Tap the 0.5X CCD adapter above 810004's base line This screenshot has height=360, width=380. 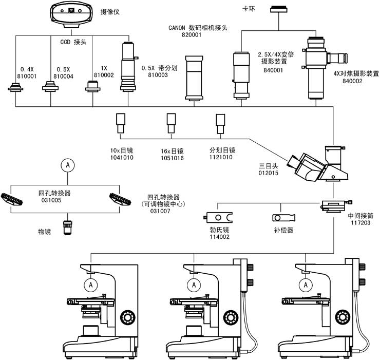tap(50, 86)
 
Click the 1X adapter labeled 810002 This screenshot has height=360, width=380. tap(92, 88)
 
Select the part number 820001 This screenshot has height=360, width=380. tap(192, 36)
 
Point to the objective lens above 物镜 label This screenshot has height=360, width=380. tap(67, 226)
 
